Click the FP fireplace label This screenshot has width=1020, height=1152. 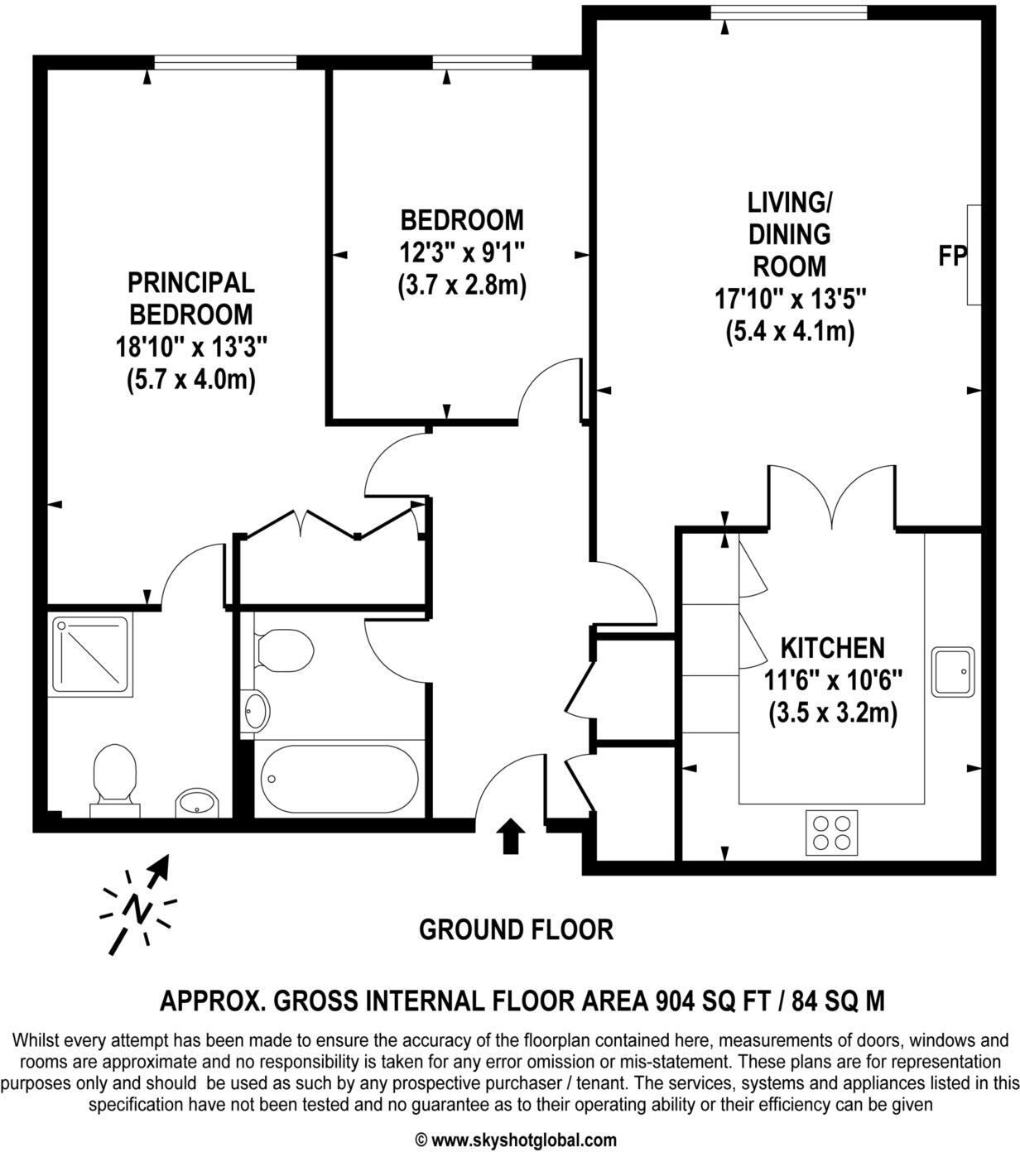(952, 257)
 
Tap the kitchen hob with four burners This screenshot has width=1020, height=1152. (831, 833)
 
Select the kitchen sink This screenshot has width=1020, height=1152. (953, 671)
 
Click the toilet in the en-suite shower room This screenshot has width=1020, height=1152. (114, 774)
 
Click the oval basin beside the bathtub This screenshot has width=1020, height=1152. (256, 710)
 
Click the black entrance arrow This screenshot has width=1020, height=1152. (511, 837)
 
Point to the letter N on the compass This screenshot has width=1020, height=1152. (136, 909)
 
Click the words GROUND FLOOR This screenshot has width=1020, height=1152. (516, 930)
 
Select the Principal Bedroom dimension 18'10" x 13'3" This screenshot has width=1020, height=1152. (191, 347)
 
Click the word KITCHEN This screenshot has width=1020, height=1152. (833, 647)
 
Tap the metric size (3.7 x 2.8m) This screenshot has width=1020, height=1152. (462, 286)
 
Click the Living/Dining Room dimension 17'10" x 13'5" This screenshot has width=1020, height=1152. (790, 299)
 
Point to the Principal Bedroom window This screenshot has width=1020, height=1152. (225, 62)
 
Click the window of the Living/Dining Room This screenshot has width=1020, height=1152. (788, 12)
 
